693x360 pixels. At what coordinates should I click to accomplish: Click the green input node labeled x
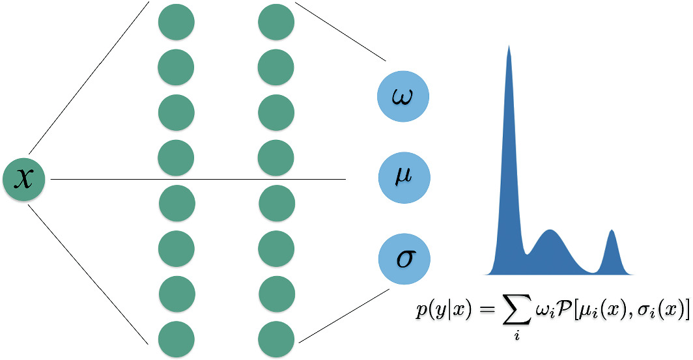[23, 180]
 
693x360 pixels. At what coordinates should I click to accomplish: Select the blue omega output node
[404, 96]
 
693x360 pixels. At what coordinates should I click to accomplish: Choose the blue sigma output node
[404, 259]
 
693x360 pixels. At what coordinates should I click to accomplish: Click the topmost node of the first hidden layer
[176, 22]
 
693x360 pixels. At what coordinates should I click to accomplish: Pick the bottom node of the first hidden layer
[176, 339]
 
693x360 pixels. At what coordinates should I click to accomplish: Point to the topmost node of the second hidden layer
[276, 22]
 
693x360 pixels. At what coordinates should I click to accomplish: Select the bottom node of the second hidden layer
[276, 339]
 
